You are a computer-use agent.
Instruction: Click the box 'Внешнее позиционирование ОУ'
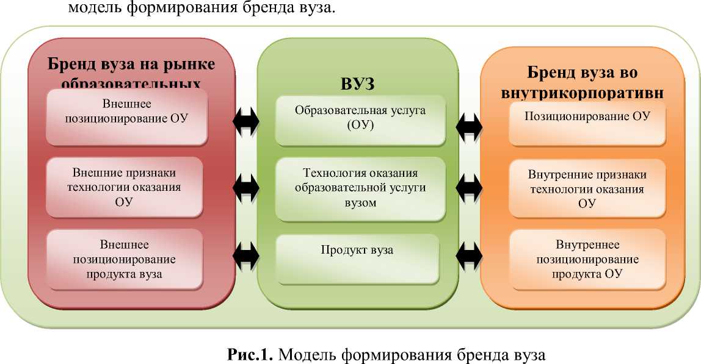[x=127, y=116]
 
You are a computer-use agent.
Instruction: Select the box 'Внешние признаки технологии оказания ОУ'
[x=125, y=187]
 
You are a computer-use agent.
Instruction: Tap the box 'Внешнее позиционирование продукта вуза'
[x=125, y=259]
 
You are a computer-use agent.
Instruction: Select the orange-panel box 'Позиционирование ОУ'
[x=586, y=117]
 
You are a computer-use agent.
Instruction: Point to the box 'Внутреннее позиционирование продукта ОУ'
[x=587, y=259]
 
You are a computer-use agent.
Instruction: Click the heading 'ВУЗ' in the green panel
[x=357, y=84]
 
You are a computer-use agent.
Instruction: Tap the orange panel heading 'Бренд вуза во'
[x=582, y=73]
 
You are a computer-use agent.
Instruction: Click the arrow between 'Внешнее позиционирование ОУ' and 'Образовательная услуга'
[x=246, y=121]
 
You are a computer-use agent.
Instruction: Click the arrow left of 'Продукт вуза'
[x=246, y=251]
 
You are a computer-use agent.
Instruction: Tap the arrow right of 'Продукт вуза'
[x=470, y=251]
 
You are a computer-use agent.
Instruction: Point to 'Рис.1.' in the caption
[x=251, y=354]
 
